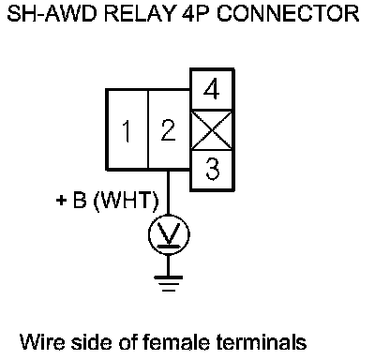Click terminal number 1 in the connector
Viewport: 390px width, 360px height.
127,129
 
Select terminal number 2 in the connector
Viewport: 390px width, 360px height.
169,129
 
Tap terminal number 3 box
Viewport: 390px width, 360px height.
213,170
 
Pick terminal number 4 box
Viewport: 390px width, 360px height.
213,89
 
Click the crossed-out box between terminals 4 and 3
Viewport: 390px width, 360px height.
212,130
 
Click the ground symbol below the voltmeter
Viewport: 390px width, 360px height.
169,283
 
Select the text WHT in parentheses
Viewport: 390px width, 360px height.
127,200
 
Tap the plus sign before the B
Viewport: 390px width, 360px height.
61,200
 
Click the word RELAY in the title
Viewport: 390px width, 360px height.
140,13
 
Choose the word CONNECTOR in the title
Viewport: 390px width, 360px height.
288,13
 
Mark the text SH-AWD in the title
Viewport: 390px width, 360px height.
52,13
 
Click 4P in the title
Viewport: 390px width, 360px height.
196,13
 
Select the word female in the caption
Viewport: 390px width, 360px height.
176,341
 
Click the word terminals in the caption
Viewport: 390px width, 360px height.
262,341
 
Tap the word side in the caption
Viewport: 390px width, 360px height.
91,341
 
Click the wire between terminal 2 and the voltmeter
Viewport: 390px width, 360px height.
169,192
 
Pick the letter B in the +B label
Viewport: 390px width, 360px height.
80,200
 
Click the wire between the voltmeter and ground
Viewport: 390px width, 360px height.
169,265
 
